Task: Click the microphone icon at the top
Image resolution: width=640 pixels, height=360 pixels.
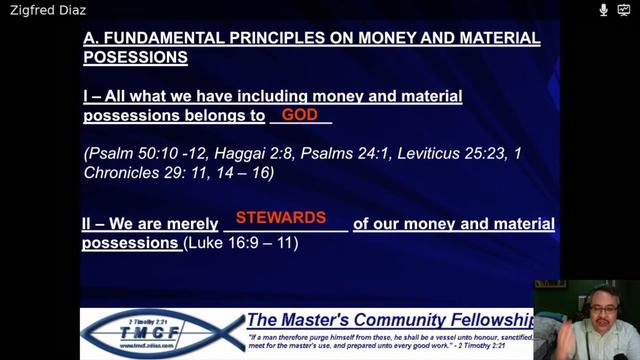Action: point(603,10)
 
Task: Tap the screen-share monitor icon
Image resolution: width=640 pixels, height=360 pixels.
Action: point(623,10)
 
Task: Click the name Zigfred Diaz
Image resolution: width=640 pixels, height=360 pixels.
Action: point(48,10)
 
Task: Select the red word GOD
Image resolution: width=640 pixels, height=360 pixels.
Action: point(299,115)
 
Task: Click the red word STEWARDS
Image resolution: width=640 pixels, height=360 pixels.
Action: point(281,217)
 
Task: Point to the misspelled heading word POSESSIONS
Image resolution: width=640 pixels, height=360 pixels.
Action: point(135,58)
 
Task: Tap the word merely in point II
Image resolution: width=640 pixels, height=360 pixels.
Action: point(191,224)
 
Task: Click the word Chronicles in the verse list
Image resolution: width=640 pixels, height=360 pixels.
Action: point(125,172)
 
